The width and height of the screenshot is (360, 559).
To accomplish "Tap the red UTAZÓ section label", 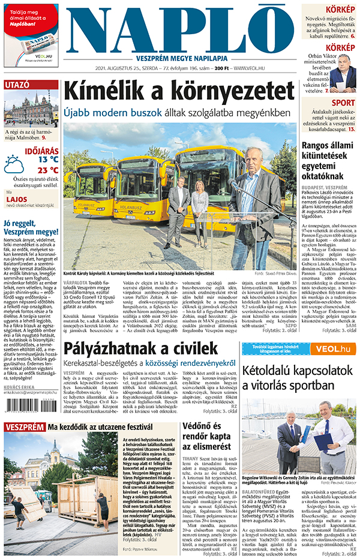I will pos(18,85).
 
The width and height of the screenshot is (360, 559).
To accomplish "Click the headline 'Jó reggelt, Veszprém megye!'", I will pos(30,228).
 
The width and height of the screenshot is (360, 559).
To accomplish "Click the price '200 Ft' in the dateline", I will pos(222,68).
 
